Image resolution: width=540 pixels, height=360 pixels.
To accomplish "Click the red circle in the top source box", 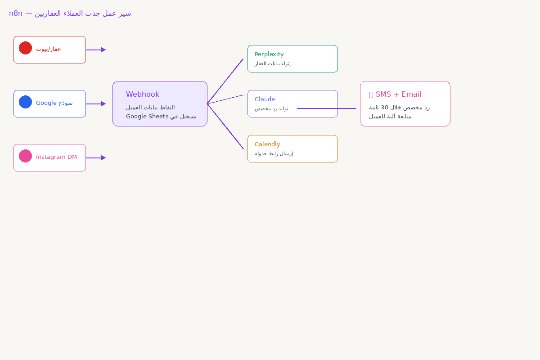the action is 25,48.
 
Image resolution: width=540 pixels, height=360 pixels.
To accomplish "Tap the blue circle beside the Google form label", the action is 25,102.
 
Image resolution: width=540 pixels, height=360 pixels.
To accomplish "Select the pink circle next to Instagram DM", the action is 25,156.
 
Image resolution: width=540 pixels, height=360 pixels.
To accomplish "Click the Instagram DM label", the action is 56,157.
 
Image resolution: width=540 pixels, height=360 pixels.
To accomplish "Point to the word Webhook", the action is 143,94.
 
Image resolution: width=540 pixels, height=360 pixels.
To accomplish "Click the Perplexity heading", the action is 269,54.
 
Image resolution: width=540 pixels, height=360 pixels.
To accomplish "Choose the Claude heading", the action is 265,99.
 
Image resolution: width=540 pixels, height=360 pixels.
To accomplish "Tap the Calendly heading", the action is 267,144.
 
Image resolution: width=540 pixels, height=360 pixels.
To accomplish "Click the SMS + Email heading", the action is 398,94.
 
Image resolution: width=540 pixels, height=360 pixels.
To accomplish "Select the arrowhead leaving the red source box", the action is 103,50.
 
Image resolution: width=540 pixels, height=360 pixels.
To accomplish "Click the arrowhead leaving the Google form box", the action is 103,104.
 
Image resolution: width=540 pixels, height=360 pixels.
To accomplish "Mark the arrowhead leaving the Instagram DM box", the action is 103,158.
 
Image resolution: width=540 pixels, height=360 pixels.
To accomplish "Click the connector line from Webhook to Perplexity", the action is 225,81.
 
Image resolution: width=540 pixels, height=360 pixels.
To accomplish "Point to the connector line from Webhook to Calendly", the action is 225,126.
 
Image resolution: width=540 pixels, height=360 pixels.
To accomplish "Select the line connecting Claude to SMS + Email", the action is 326,108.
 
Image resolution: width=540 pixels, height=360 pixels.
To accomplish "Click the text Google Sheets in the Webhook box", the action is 147,117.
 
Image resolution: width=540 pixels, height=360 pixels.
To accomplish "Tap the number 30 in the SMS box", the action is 384,108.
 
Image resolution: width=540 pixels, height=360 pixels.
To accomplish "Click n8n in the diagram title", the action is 16,13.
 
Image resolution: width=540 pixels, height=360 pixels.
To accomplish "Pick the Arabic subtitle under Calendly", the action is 274,153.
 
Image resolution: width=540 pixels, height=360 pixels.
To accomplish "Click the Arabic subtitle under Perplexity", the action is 273,63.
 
